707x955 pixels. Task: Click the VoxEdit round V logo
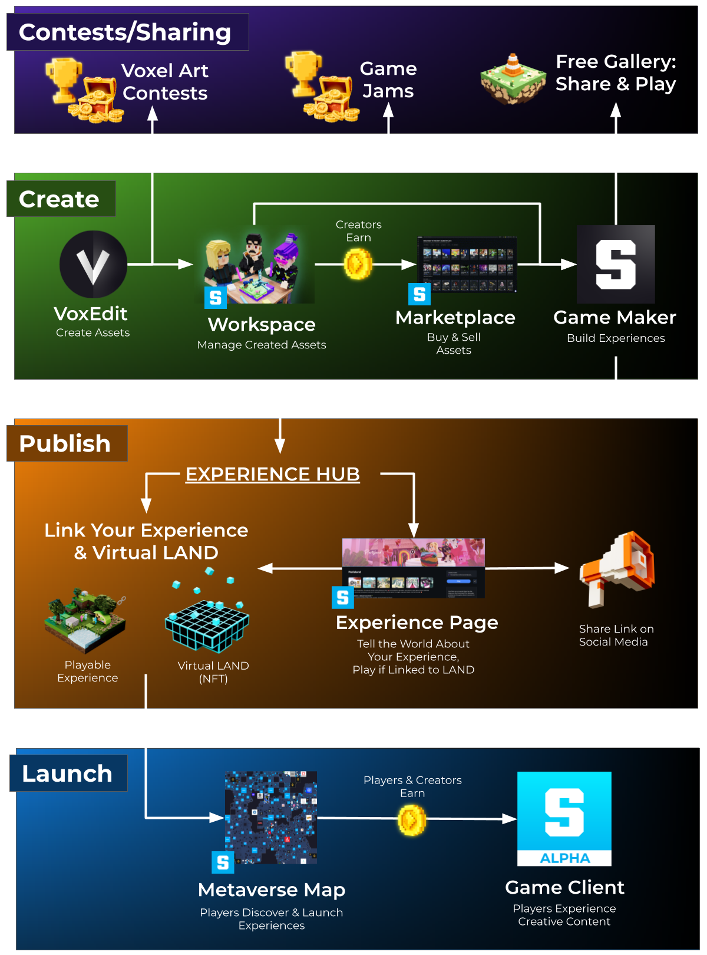tap(93, 264)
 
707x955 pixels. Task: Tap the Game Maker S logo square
tap(616, 264)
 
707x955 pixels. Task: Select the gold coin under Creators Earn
tap(358, 264)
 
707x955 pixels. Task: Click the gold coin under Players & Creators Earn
tap(412, 819)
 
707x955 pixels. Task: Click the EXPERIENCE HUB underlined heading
tap(272, 474)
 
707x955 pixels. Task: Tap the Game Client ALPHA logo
tap(564, 818)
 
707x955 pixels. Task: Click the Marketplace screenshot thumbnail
tap(467, 265)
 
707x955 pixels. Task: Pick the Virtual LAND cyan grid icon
tap(207, 625)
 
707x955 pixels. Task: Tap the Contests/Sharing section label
tap(125, 32)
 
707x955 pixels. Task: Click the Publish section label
tap(65, 444)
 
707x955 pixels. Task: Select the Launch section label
tap(67, 773)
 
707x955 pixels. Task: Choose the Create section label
tap(59, 199)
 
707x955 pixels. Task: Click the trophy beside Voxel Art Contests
tap(64, 80)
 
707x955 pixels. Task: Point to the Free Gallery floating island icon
tap(513, 80)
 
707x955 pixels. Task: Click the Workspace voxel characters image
tap(255, 268)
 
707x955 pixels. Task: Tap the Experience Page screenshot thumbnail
tap(414, 568)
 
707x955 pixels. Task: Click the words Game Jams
tap(388, 80)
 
